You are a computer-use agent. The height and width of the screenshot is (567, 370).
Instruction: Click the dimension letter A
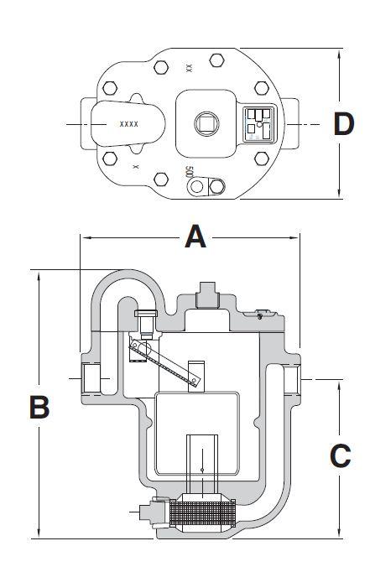[x=195, y=237]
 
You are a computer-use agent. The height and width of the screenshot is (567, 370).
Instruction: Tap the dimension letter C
[x=340, y=455]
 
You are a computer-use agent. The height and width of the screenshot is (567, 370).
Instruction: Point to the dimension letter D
[x=344, y=123]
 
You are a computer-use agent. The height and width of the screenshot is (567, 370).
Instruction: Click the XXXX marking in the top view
[x=128, y=123]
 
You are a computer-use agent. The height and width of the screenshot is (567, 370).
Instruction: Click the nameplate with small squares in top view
[x=258, y=123]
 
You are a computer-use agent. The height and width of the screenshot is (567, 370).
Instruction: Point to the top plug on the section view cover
[x=205, y=297]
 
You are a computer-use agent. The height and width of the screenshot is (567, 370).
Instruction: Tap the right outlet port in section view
[x=290, y=380]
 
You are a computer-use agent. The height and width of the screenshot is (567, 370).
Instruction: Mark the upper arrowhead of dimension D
[x=339, y=53]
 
